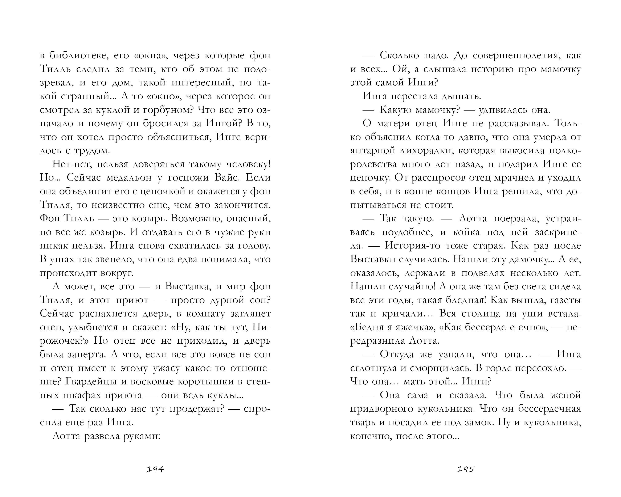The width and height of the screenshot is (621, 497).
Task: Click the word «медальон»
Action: click(129, 178)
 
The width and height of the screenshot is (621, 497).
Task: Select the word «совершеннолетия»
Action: click(517, 56)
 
